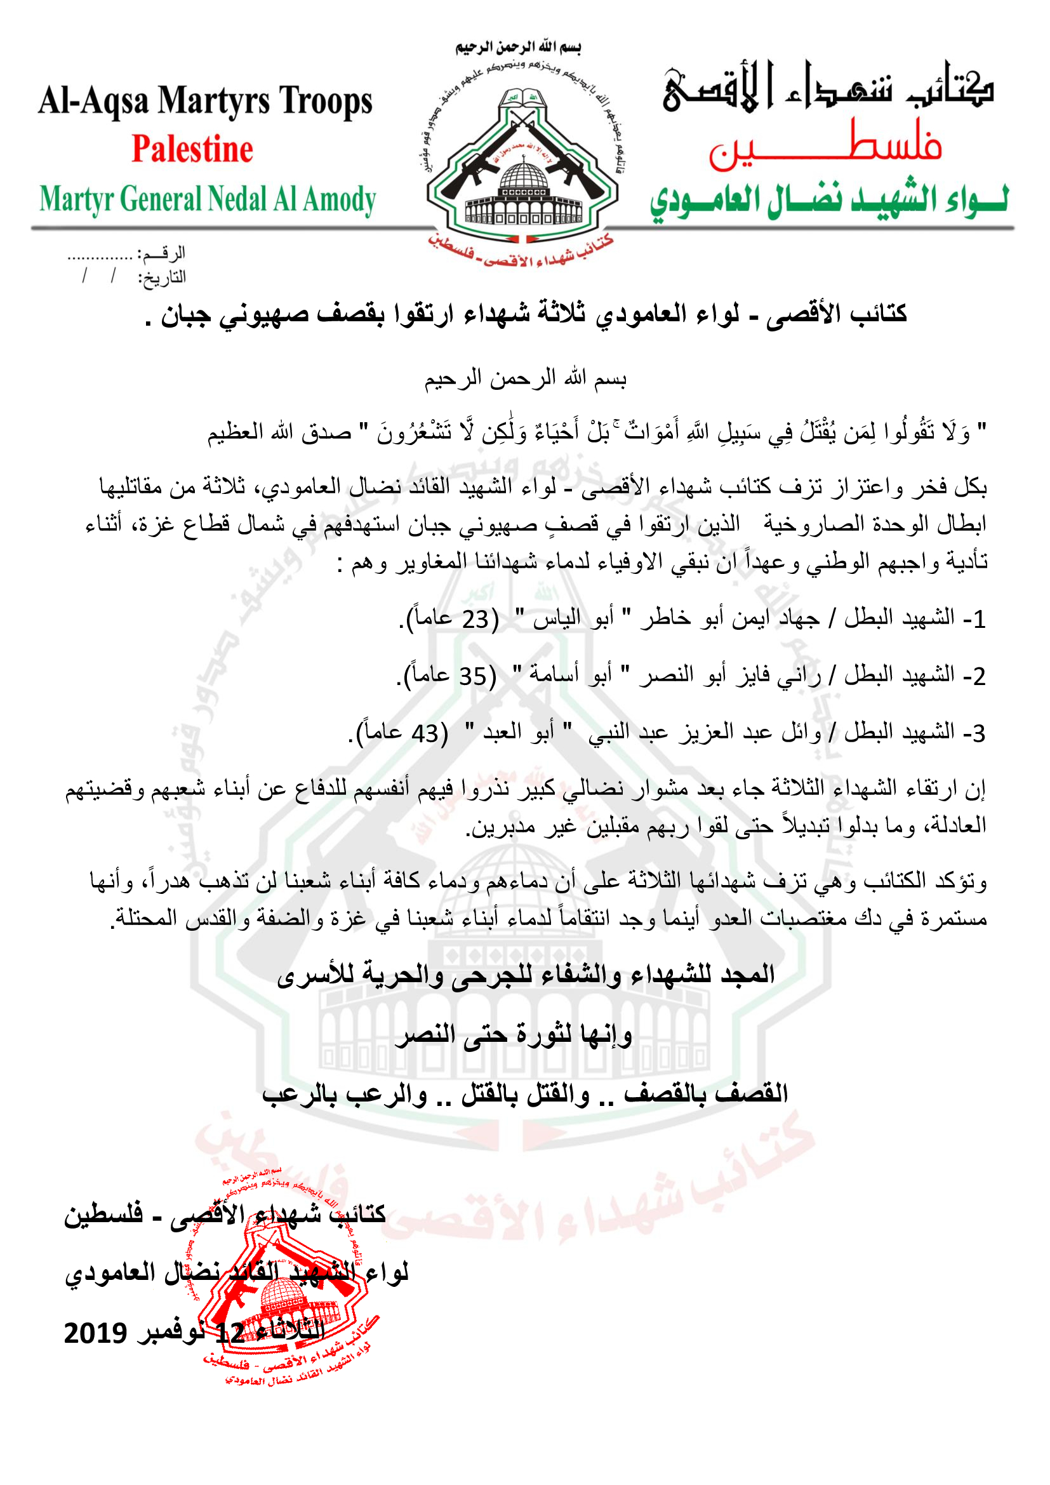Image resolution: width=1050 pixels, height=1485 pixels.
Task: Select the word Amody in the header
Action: pyautogui.click(x=340, y=199)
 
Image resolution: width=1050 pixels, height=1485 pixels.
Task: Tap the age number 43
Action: pyautogui.click(x=425, y=733)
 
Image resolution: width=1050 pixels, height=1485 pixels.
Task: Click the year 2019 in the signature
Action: pyautogui.click(x=95, y=1333)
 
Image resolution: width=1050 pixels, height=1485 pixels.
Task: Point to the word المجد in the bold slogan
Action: pyautogui.click(x=747, y=974)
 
